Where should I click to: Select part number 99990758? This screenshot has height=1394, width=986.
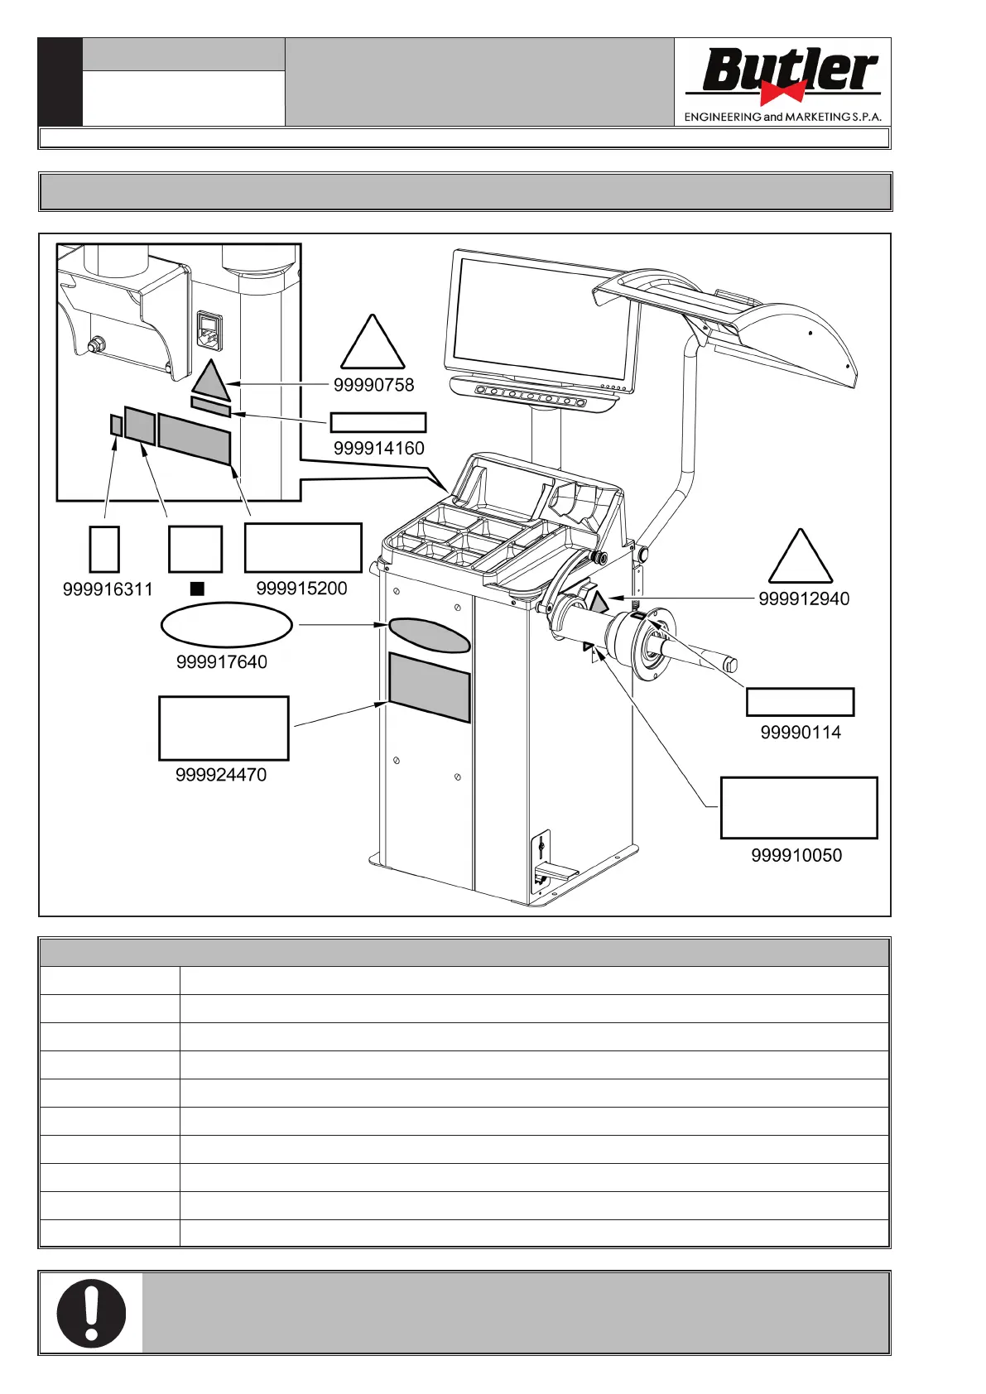(373, 385)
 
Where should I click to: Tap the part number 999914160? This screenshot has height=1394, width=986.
(378, 448)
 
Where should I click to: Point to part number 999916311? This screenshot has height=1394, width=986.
(108, 589)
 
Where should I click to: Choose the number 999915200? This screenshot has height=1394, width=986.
(301, 589)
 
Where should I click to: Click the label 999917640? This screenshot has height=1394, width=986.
(221, 662)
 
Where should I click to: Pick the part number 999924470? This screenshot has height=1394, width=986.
(221, 775)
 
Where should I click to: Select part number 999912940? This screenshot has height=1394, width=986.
(803, 598)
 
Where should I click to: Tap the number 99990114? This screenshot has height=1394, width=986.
(800, 733)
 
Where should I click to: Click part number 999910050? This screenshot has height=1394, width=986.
(796, 855)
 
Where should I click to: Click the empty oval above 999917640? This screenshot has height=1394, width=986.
(226, 625)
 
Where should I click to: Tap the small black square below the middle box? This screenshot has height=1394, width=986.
(196, 589)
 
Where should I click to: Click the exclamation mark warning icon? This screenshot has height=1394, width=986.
(91, 1313)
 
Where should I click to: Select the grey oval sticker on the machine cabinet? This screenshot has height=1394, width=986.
(429, 635)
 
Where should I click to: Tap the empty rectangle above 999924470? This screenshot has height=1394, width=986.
(224, 728)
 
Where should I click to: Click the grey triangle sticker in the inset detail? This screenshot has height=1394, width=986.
(211, 379)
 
